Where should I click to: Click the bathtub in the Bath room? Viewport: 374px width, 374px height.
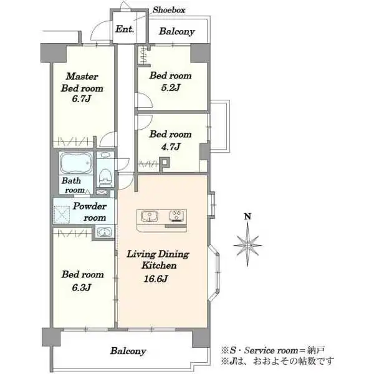click(x=76, y=163)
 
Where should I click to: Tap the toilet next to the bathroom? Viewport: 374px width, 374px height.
click(x=105, y=177)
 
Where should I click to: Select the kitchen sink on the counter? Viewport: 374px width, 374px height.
click(x=150, y=216)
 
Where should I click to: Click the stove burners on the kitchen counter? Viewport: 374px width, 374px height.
click(x=177, y=216)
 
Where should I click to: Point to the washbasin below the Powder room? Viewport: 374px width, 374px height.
click(x=103, y=232)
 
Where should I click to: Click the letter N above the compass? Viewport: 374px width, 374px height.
click(x=248, y=216)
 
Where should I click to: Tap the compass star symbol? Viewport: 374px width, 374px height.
click(x=247, y=245)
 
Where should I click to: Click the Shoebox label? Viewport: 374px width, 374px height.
click(x=169, y=10)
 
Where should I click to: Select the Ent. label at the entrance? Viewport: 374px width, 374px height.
click(x=125, y=29)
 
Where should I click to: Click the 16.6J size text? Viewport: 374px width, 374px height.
click(x=156, y=279)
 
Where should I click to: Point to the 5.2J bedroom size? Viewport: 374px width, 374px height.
click(x=170, y=88)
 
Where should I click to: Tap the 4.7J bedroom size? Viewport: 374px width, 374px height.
click(x=170, y=146)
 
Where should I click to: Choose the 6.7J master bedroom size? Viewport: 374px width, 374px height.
click(x=82, y=98)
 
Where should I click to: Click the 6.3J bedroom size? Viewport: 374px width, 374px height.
click(x=82, y=287)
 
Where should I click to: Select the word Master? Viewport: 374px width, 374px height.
click(x=82, y=76)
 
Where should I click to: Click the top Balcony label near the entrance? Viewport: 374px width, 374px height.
click(x=177, y=32)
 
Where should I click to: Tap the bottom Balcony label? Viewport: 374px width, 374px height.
click(x=128, y=351)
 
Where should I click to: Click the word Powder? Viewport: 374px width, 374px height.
click(x=89, y=206)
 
